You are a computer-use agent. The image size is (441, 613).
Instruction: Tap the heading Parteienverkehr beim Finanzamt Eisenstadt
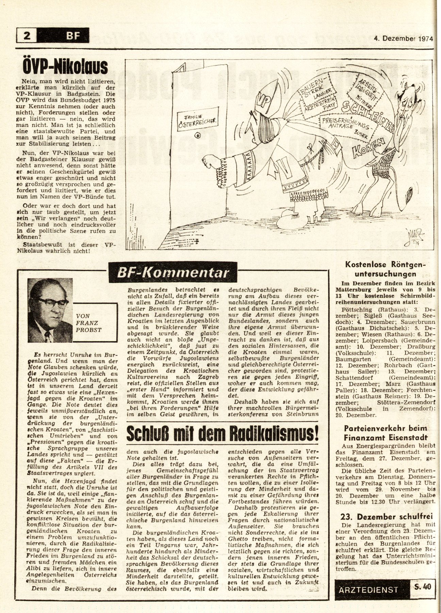[x=385, y=433]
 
